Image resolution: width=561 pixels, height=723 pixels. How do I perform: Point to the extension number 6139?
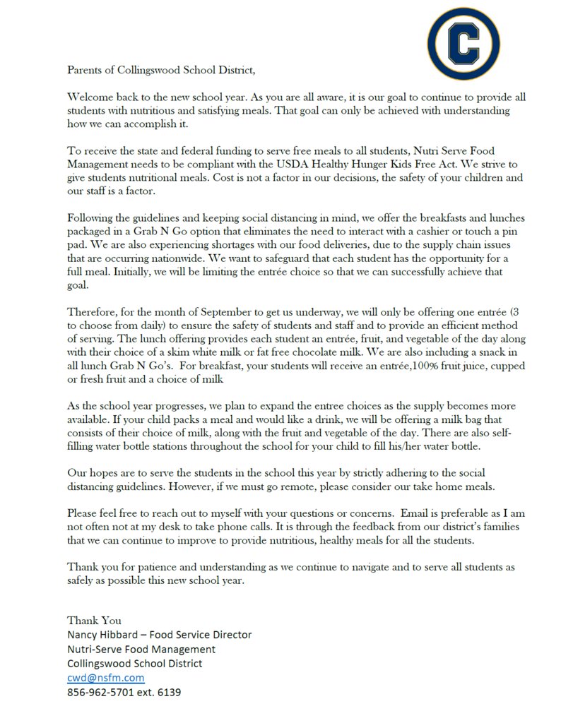[x=168, y=693]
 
